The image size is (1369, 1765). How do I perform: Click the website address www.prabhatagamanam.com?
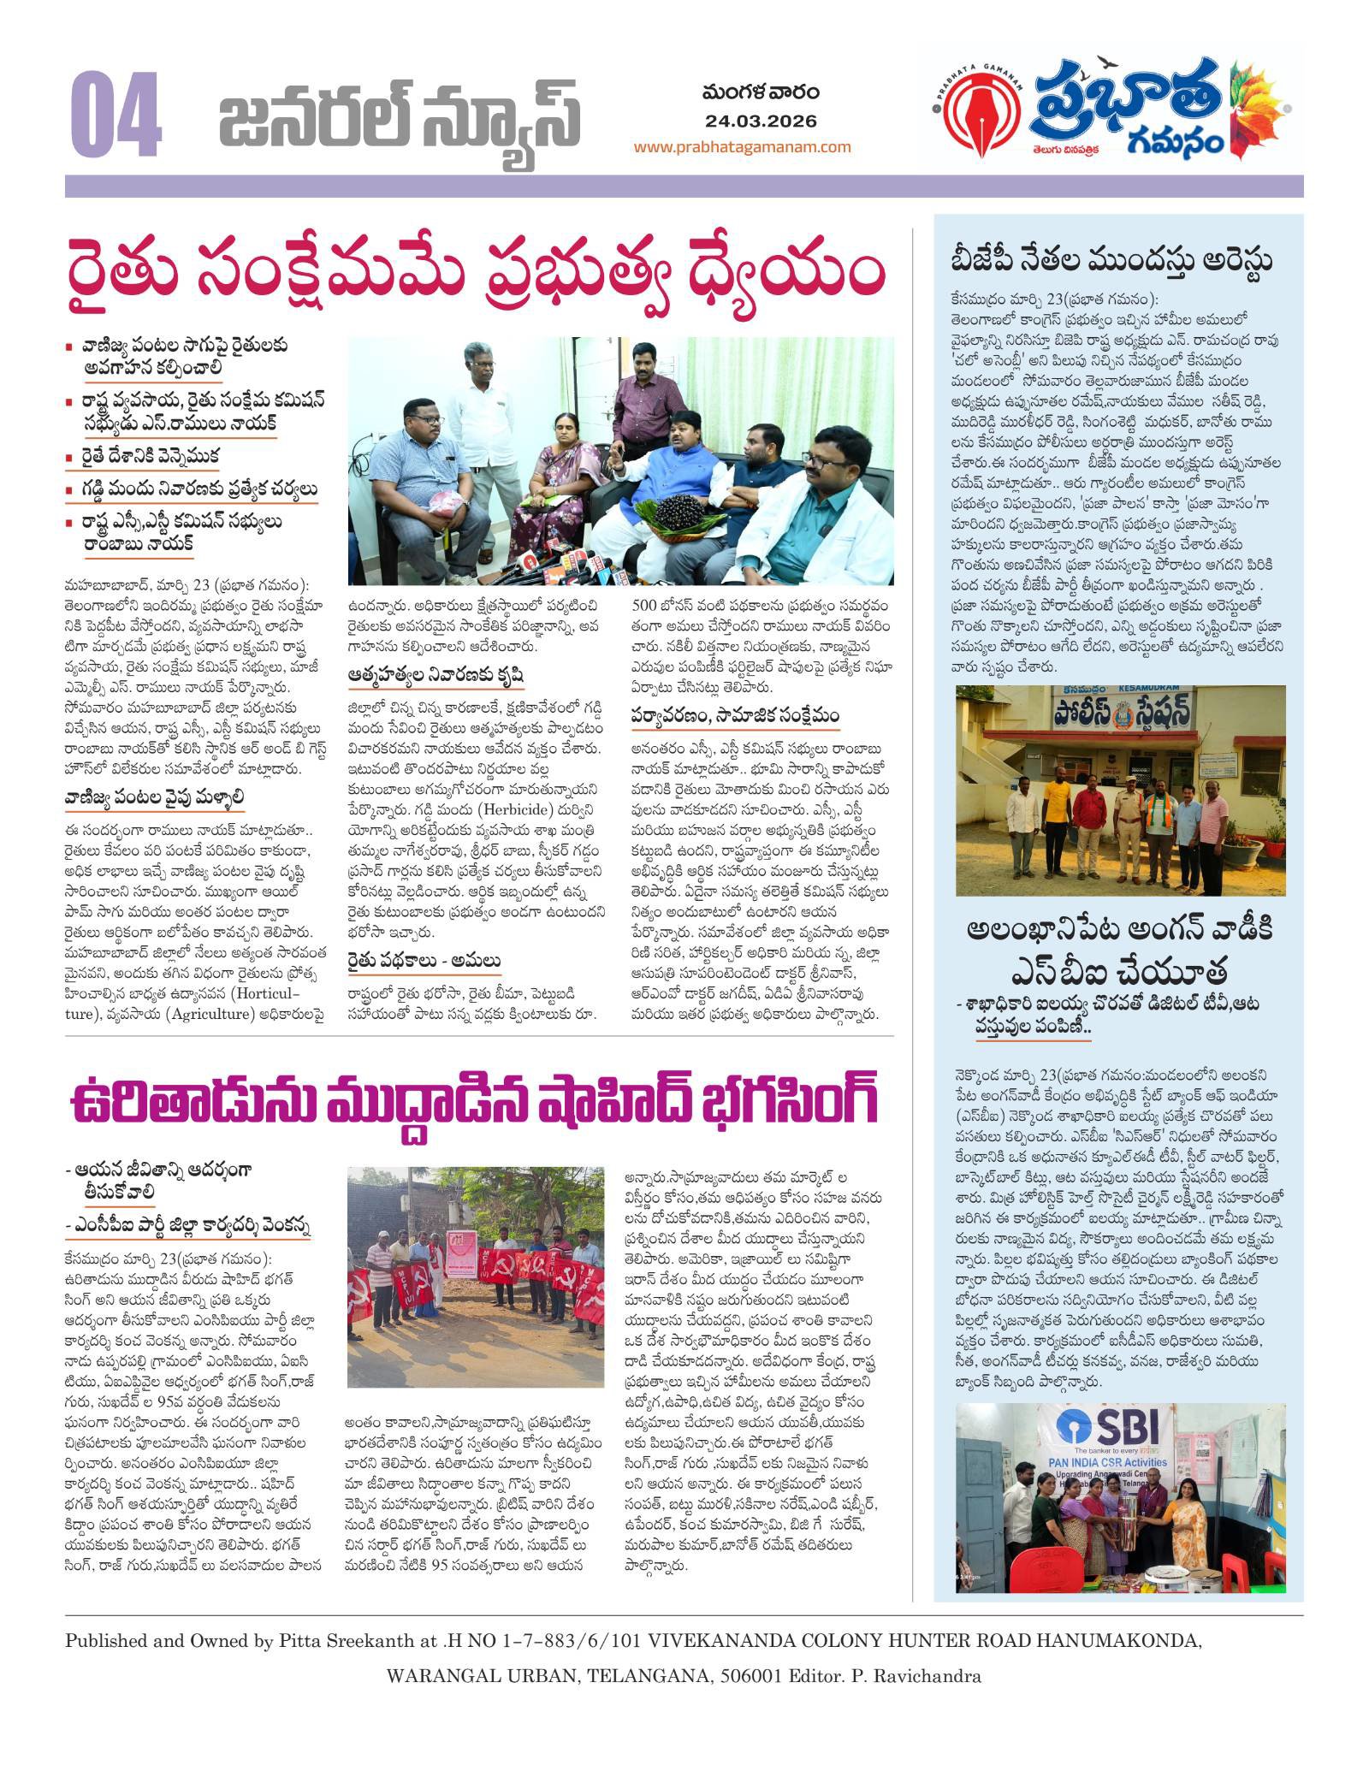pyautogui.click(x=742, y=146)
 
